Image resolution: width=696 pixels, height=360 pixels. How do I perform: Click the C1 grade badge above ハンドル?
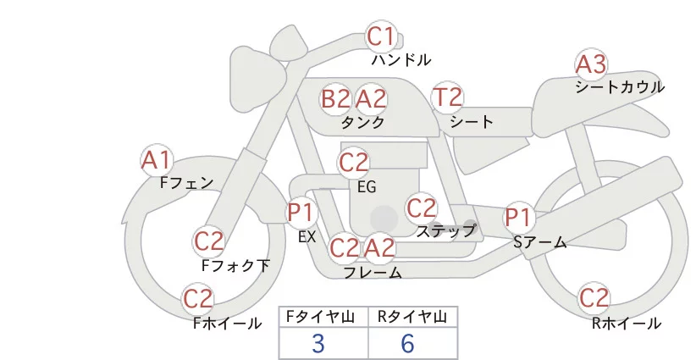(x=381, y=37)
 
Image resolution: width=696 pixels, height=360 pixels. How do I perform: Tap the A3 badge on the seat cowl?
(x=591, y=64)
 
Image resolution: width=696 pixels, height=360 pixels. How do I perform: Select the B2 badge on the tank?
(x=335, y=99)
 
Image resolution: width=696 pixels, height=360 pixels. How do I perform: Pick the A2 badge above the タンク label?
(x=371, y=99)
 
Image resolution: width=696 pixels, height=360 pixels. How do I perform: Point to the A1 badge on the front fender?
(x=156, y=159)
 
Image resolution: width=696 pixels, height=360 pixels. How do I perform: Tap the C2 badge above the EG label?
(x=354, y=162)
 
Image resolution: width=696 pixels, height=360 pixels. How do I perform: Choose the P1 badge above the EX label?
(x=301, y=212)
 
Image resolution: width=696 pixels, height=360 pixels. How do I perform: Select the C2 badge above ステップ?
(x=421, y=208)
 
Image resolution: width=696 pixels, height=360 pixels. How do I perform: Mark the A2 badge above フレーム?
(x=379, y=248)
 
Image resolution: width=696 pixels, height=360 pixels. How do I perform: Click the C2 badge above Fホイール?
(x=199, y=299)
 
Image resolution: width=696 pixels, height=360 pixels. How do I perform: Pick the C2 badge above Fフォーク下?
(x=208, y=241)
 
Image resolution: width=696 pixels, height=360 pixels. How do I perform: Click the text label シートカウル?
(x=620, y=86)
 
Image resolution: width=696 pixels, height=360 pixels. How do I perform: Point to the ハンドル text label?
(x=401, y=60)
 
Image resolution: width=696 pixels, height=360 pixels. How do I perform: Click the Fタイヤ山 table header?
(x=323, y=317)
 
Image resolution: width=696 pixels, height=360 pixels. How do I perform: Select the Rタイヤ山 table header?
(x=412, y=317)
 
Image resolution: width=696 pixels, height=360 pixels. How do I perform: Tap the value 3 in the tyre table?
(x=318, y=343)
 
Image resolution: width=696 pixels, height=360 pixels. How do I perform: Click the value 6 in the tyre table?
(x=407, y=343)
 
